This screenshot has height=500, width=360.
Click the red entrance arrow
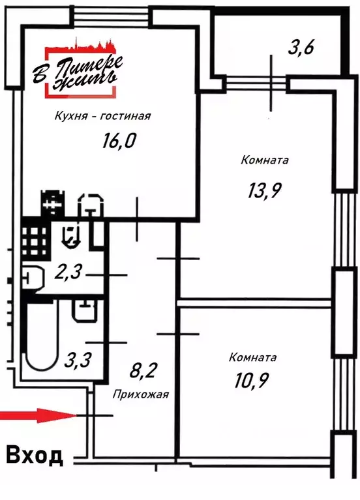tap(38, 415)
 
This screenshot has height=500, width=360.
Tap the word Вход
tap(34, 456)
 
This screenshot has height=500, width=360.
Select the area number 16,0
tap(119, 141)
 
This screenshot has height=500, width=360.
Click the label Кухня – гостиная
tap(102, 116)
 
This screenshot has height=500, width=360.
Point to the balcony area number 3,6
tap(301, 48)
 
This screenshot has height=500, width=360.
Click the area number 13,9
tap(264, 191)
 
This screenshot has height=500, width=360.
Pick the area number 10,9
tap(251, 380)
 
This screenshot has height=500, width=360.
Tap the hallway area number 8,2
tap(142, 370)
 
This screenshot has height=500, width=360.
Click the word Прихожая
tap(140, 395)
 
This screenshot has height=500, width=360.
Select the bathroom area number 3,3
tap(78, 360)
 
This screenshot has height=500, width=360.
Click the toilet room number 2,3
tap(68, 272)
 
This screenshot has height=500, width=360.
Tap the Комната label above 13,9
tap(265, 160)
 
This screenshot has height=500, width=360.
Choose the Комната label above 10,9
tap(252, 357)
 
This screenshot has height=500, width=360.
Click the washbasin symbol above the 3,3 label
tap(85, 311)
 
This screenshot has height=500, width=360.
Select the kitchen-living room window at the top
tap(111, 16)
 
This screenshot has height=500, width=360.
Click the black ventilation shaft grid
tap(36, 237)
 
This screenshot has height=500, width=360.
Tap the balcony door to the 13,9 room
tap(256, 83)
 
